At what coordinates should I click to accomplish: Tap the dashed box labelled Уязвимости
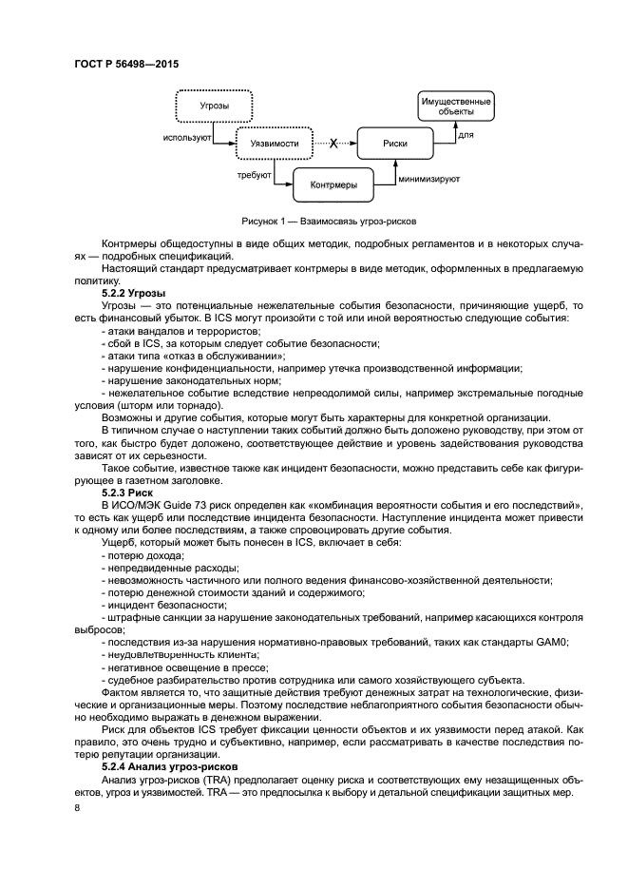[x=258, y=144]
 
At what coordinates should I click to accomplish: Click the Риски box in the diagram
[x=395, y=144]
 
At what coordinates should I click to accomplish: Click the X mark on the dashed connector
[x=333, y=144]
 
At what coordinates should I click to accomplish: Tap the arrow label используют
[x=186, y=137]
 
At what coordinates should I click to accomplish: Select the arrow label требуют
[x=255, y=175]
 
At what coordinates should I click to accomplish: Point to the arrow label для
[x=466, y=136]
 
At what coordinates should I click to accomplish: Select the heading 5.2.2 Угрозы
[x=134, y=293]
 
